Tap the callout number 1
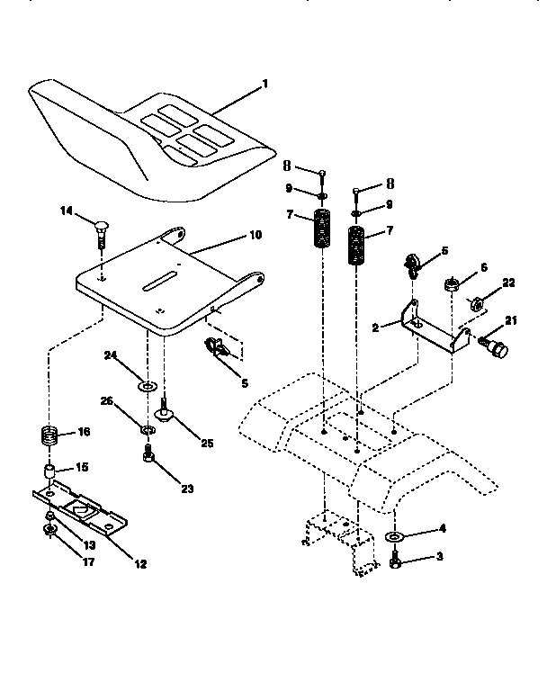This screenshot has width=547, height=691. pyautogui.click(x=265, y=84)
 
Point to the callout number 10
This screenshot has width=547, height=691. pyautogui.click(x=255, y=236)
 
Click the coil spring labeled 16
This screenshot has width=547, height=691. pyautogui.click(x=52, y=439)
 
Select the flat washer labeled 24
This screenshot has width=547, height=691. pyautogui.click(x=145, y=386)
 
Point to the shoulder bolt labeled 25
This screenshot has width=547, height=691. pyautogui.click(x=166, y=413)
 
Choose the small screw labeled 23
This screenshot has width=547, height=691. pyautogui.click(x=150, y=460)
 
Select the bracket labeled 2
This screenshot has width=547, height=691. pyautogui.click(x=432, y=329)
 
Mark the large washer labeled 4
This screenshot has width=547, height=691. pyautogui.click(x=396, y=539)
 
